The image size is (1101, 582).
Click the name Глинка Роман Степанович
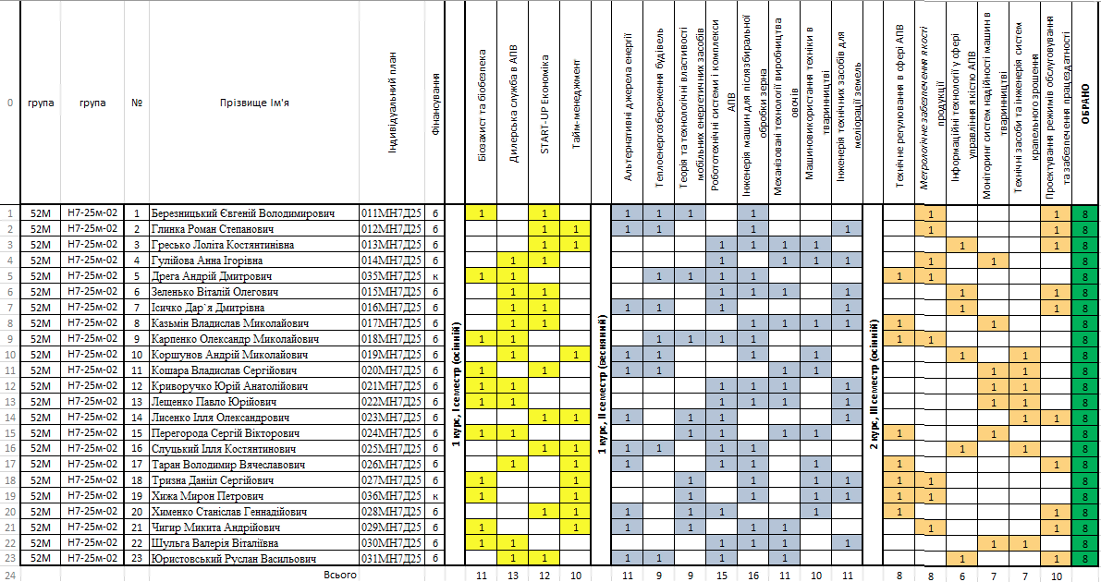click(x=208, y=229)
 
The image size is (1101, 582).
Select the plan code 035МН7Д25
click(x=391, y=276)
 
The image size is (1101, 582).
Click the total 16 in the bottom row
click(x=753, y=575)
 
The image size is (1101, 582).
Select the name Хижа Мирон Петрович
click(x=200, y=496)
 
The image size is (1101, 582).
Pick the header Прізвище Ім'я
click(x=254, y=103)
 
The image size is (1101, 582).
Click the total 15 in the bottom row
click(x=722, y=575)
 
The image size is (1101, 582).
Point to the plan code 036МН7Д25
click(x=391, y=496)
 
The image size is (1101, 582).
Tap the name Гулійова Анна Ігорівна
click(x=208, y=261)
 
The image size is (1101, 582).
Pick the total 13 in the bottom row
click(x=513, y=575)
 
